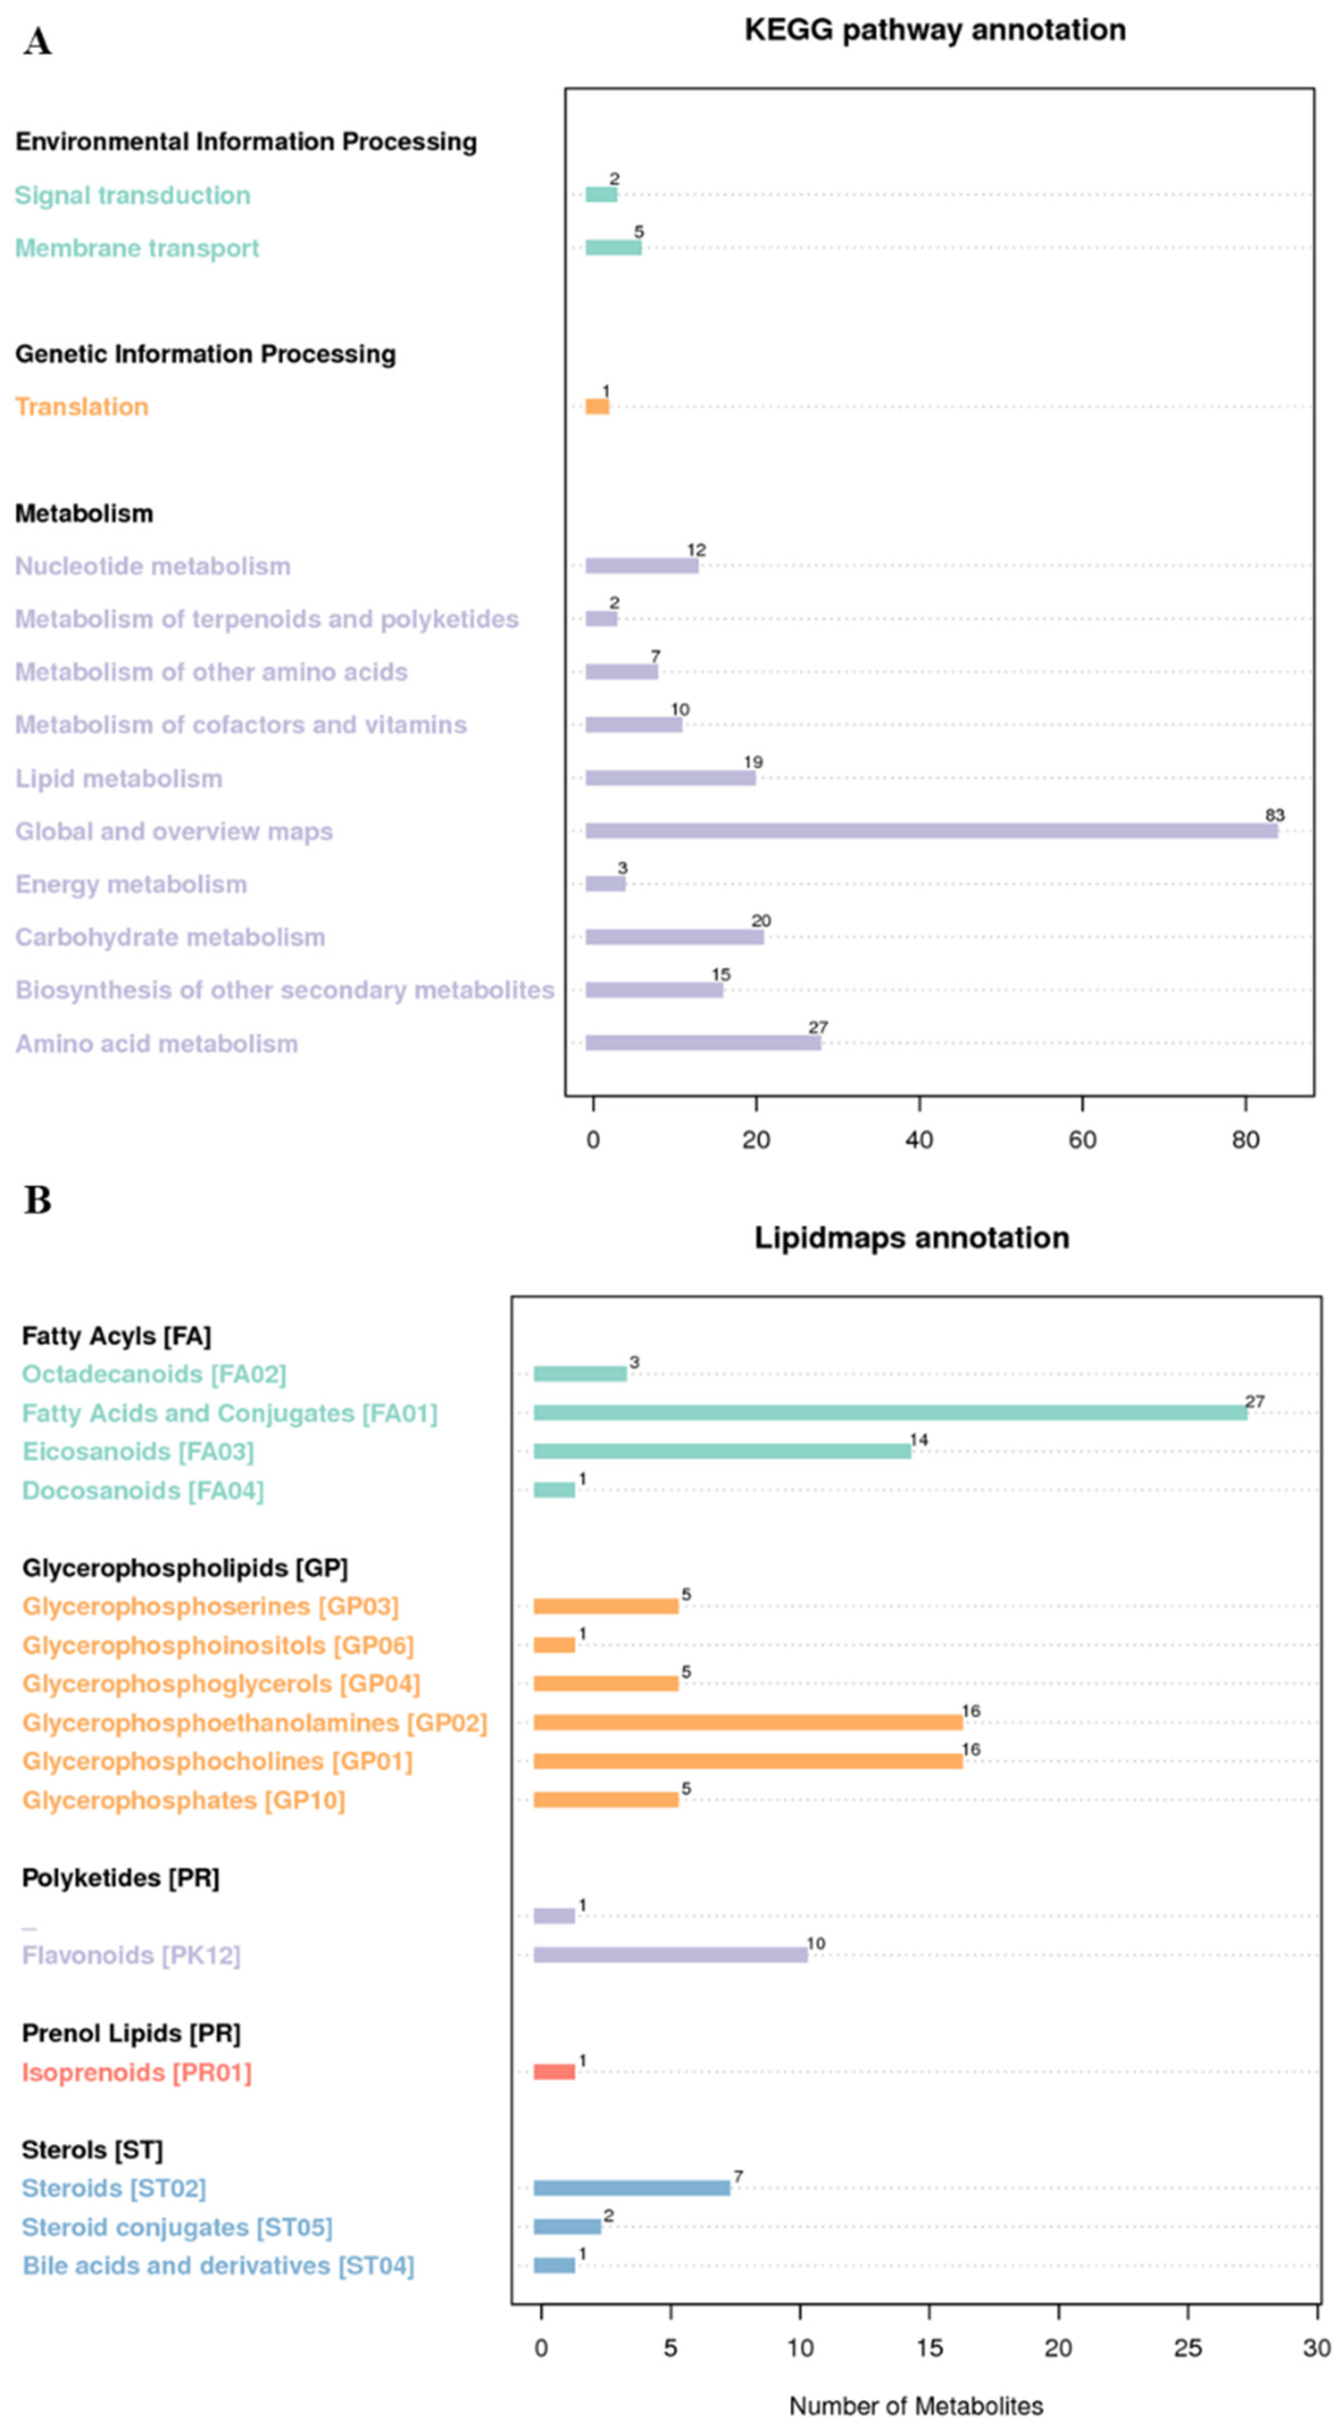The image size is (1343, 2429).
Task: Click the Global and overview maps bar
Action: (x=931, y=831)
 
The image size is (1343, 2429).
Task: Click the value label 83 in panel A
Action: (x=1274, y=815)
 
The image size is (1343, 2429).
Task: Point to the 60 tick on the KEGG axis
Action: (x=1082, y=1140)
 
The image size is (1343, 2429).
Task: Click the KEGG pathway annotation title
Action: (x=935, y=30)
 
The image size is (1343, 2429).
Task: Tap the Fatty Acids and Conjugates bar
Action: (x=890, y=1412)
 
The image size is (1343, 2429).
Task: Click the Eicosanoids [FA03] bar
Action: (x=722, y=1451)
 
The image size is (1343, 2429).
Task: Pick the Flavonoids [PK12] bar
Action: (x=670, y=1954)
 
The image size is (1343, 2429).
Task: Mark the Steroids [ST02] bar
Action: (x=632, y=2188)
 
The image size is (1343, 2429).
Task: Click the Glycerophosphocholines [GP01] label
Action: (x=217, y=1761)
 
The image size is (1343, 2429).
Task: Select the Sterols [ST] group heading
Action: (x=92, y=2150)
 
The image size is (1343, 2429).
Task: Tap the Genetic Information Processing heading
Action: (x=206, y=354)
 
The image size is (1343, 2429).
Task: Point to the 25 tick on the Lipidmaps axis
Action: (x=1188, y=2348)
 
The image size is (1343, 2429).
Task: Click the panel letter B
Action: (x=38, y=1202)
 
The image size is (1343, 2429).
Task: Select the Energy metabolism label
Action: (x=131, y=884)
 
